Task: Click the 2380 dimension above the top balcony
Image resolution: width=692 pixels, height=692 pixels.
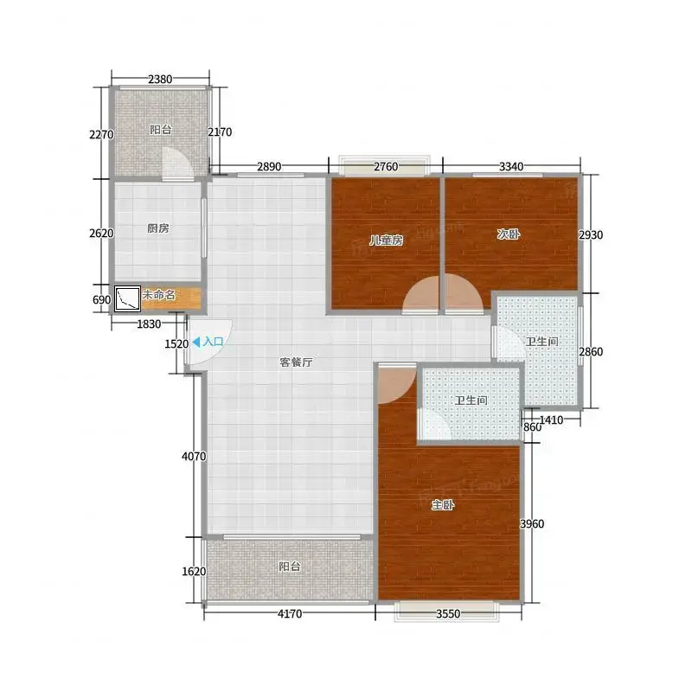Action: pos(160,80)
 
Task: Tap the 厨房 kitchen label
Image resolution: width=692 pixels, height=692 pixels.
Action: pos(158,228)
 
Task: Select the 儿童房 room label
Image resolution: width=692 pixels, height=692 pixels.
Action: pos(386,240)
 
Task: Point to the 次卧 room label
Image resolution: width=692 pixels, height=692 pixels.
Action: pos(509,234)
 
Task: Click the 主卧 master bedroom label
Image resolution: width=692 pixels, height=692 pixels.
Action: pos(443,504)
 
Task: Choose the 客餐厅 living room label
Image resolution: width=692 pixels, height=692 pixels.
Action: pos(296,362)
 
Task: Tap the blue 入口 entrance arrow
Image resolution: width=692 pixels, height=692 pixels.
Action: pos(196,342)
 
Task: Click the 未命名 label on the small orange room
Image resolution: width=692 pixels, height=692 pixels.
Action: pos(158,294)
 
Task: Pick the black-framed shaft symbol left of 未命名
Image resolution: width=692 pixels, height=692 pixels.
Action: pos(127,298)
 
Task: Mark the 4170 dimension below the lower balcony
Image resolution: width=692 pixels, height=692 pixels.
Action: pos(290,613)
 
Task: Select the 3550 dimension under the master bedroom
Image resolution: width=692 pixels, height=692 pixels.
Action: pos(448,613)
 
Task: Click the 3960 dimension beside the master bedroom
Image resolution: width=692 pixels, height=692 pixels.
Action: pos(532,524)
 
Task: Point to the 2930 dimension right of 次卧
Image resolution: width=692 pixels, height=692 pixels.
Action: pos(591,234)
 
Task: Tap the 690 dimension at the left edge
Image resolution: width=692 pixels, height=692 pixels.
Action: pos(101,299)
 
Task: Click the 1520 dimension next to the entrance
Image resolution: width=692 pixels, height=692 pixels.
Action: pos(176,343)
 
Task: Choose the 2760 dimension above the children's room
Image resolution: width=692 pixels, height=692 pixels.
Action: pos(386,167)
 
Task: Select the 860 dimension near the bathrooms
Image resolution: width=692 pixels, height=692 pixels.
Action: pos(532,427)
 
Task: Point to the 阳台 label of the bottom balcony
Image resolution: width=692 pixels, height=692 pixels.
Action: pos(290,567)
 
